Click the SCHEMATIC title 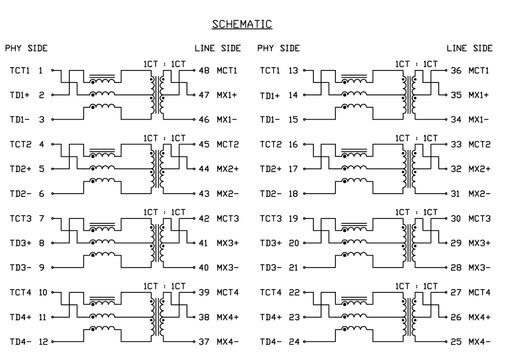point(242,24)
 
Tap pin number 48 point(204,71)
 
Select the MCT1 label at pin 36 point(479,71)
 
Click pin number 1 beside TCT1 point(41,71)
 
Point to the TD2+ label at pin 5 point(20,169)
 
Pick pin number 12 point(42,341)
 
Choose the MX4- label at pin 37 point(227,341)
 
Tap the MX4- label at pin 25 point(479,341)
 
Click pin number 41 point(204,243)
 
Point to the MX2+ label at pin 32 point(479,169)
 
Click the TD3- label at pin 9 point(20,268)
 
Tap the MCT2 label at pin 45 point(227,144)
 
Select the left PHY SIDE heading point(27,49)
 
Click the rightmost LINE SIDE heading point(470,49)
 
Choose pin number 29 point(456,243)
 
